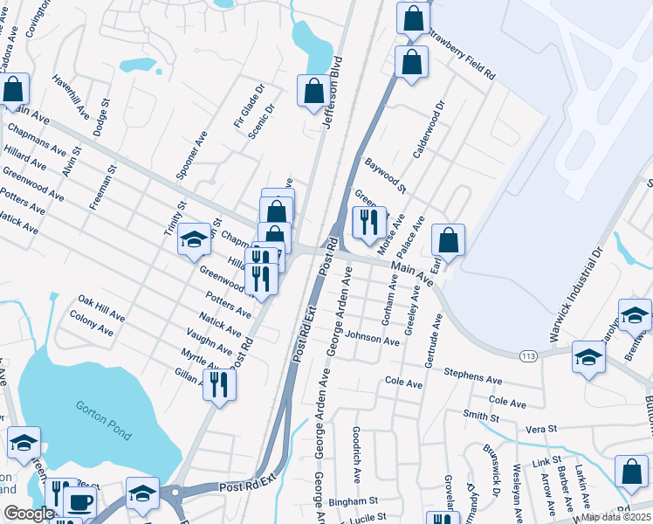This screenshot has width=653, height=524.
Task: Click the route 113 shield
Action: click(528, 355)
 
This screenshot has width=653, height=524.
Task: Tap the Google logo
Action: click(28, 514)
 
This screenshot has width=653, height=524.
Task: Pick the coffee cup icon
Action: click(80, 503)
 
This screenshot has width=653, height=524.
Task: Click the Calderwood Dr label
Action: click(429, 128)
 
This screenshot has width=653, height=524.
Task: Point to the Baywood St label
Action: click(386, 175)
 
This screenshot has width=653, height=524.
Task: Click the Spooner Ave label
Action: click(191, 155)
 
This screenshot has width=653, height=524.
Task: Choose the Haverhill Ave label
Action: click(71, 96)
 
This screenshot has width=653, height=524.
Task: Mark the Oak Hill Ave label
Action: click(101, 307)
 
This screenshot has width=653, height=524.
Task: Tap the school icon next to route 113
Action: click(589, 356)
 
